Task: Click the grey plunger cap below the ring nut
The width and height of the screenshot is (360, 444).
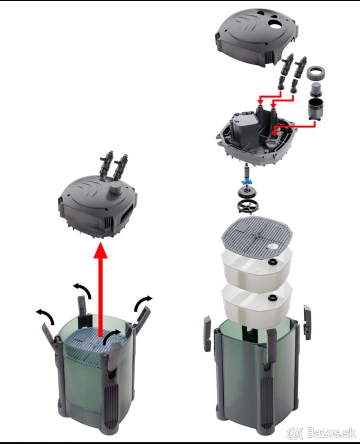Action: coord(316,89)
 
